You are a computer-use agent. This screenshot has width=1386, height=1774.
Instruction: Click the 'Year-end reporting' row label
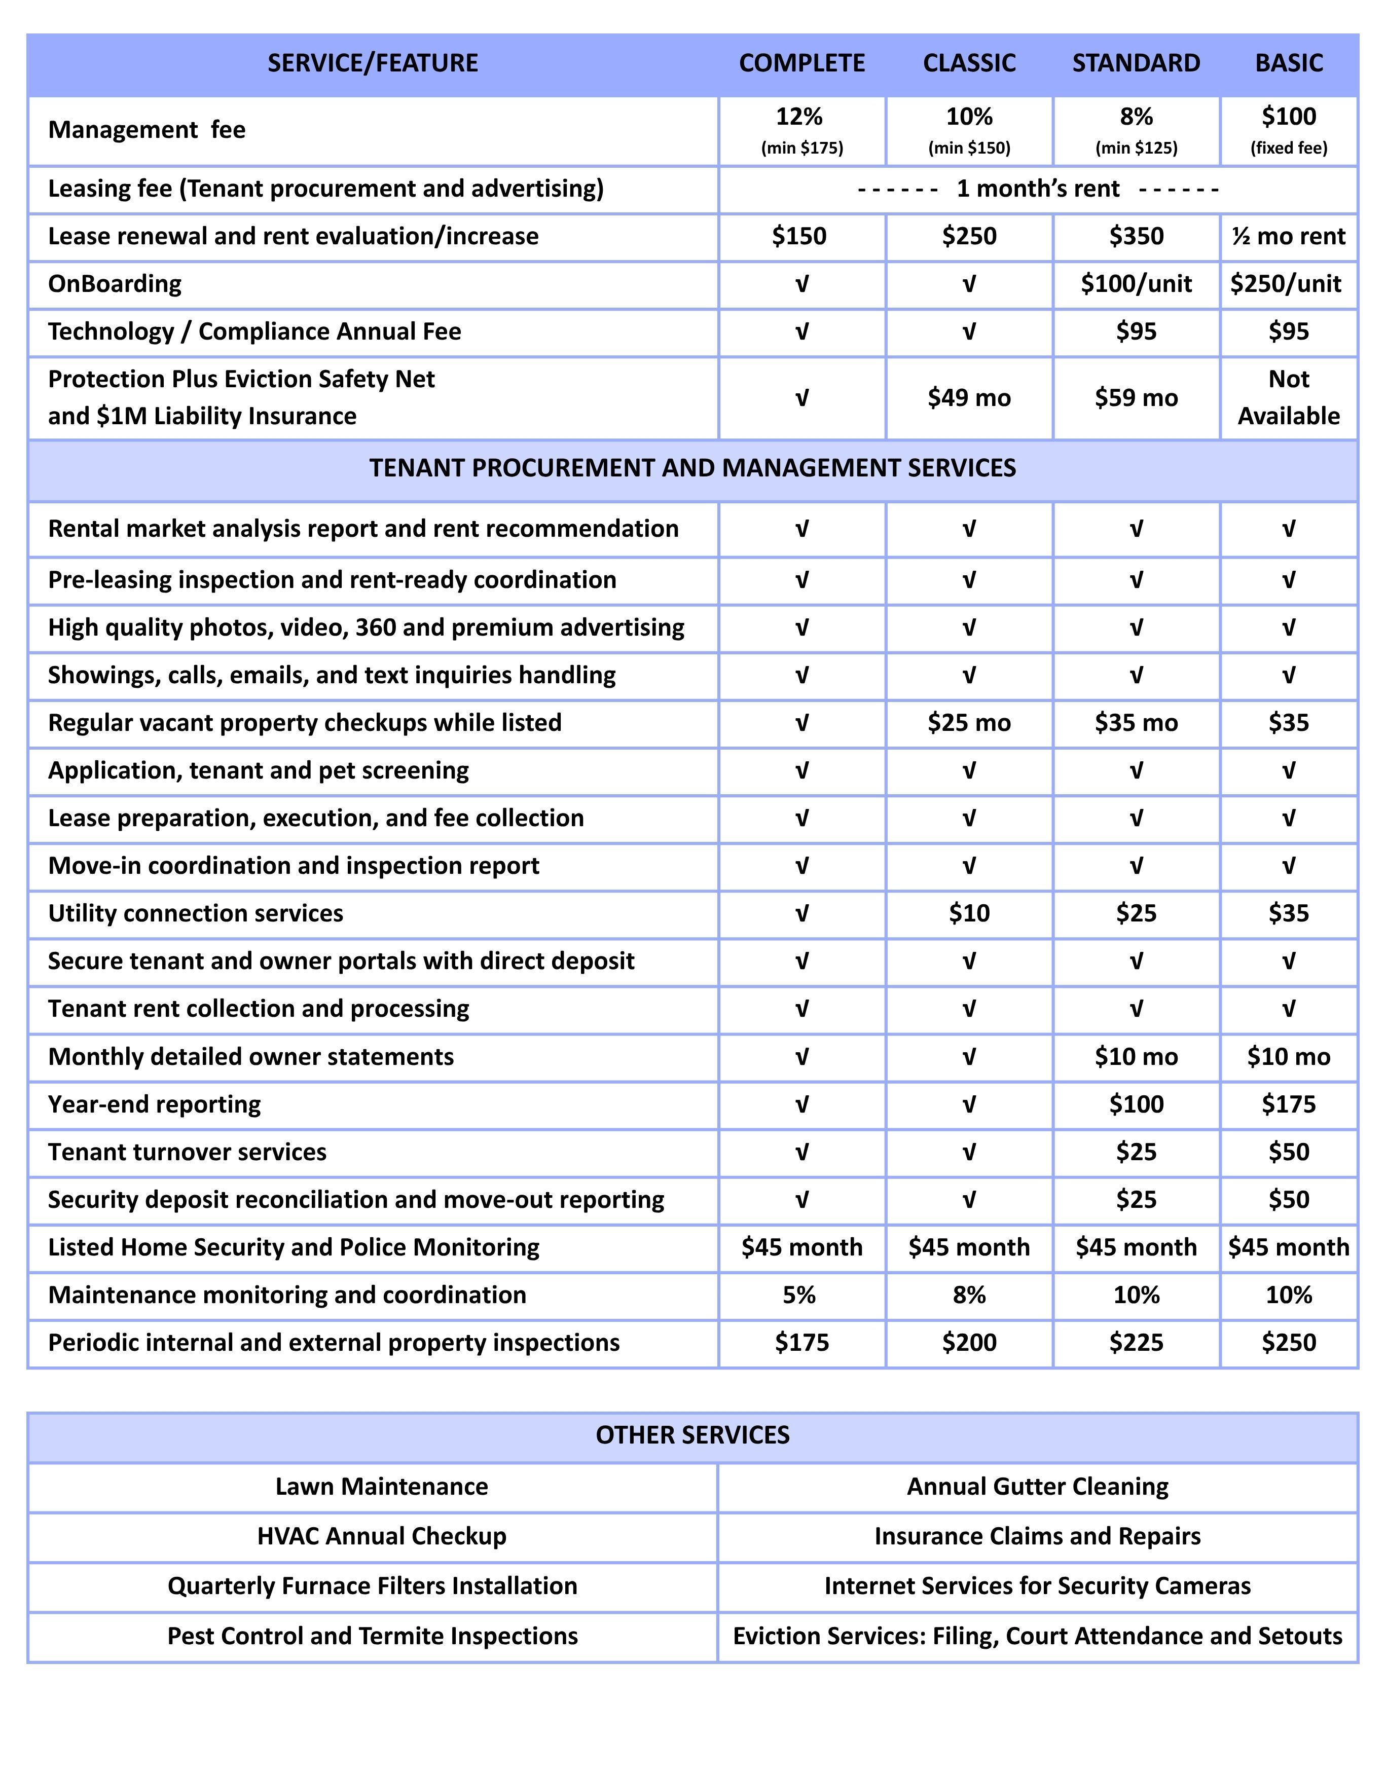(x=154, y=1104)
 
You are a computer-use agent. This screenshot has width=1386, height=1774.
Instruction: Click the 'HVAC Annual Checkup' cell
(x=381, y=1537)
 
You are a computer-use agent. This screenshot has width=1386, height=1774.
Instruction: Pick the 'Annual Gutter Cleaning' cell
(x=1037, y=1487)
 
